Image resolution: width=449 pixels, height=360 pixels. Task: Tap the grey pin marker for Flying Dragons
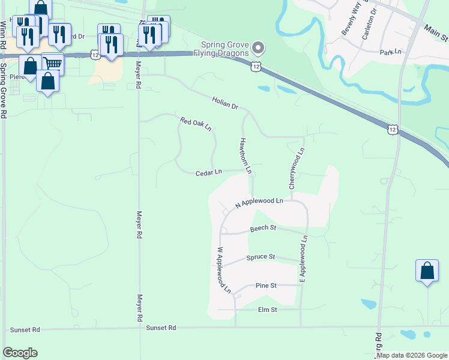click(258, 47)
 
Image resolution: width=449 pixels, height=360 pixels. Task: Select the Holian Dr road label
click(225, 103)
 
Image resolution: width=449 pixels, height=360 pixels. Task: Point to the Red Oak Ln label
click(196, 124)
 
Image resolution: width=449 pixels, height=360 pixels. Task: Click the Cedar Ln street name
click(209, 173)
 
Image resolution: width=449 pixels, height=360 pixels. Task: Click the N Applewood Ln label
click(259, 203)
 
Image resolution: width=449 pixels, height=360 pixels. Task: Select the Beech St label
click(262, 228)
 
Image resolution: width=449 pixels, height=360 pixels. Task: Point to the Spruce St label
click(261, 257)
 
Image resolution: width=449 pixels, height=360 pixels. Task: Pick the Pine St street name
click(265, 286)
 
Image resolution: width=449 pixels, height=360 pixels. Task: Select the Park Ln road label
click(390, 52)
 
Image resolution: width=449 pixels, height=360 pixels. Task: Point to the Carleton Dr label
click(369, 24)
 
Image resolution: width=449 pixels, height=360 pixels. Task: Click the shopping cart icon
click(53, 62)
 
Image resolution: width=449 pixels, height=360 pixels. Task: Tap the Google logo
click(20, 353)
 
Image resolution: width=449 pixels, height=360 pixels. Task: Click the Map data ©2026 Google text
click(412, 355)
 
